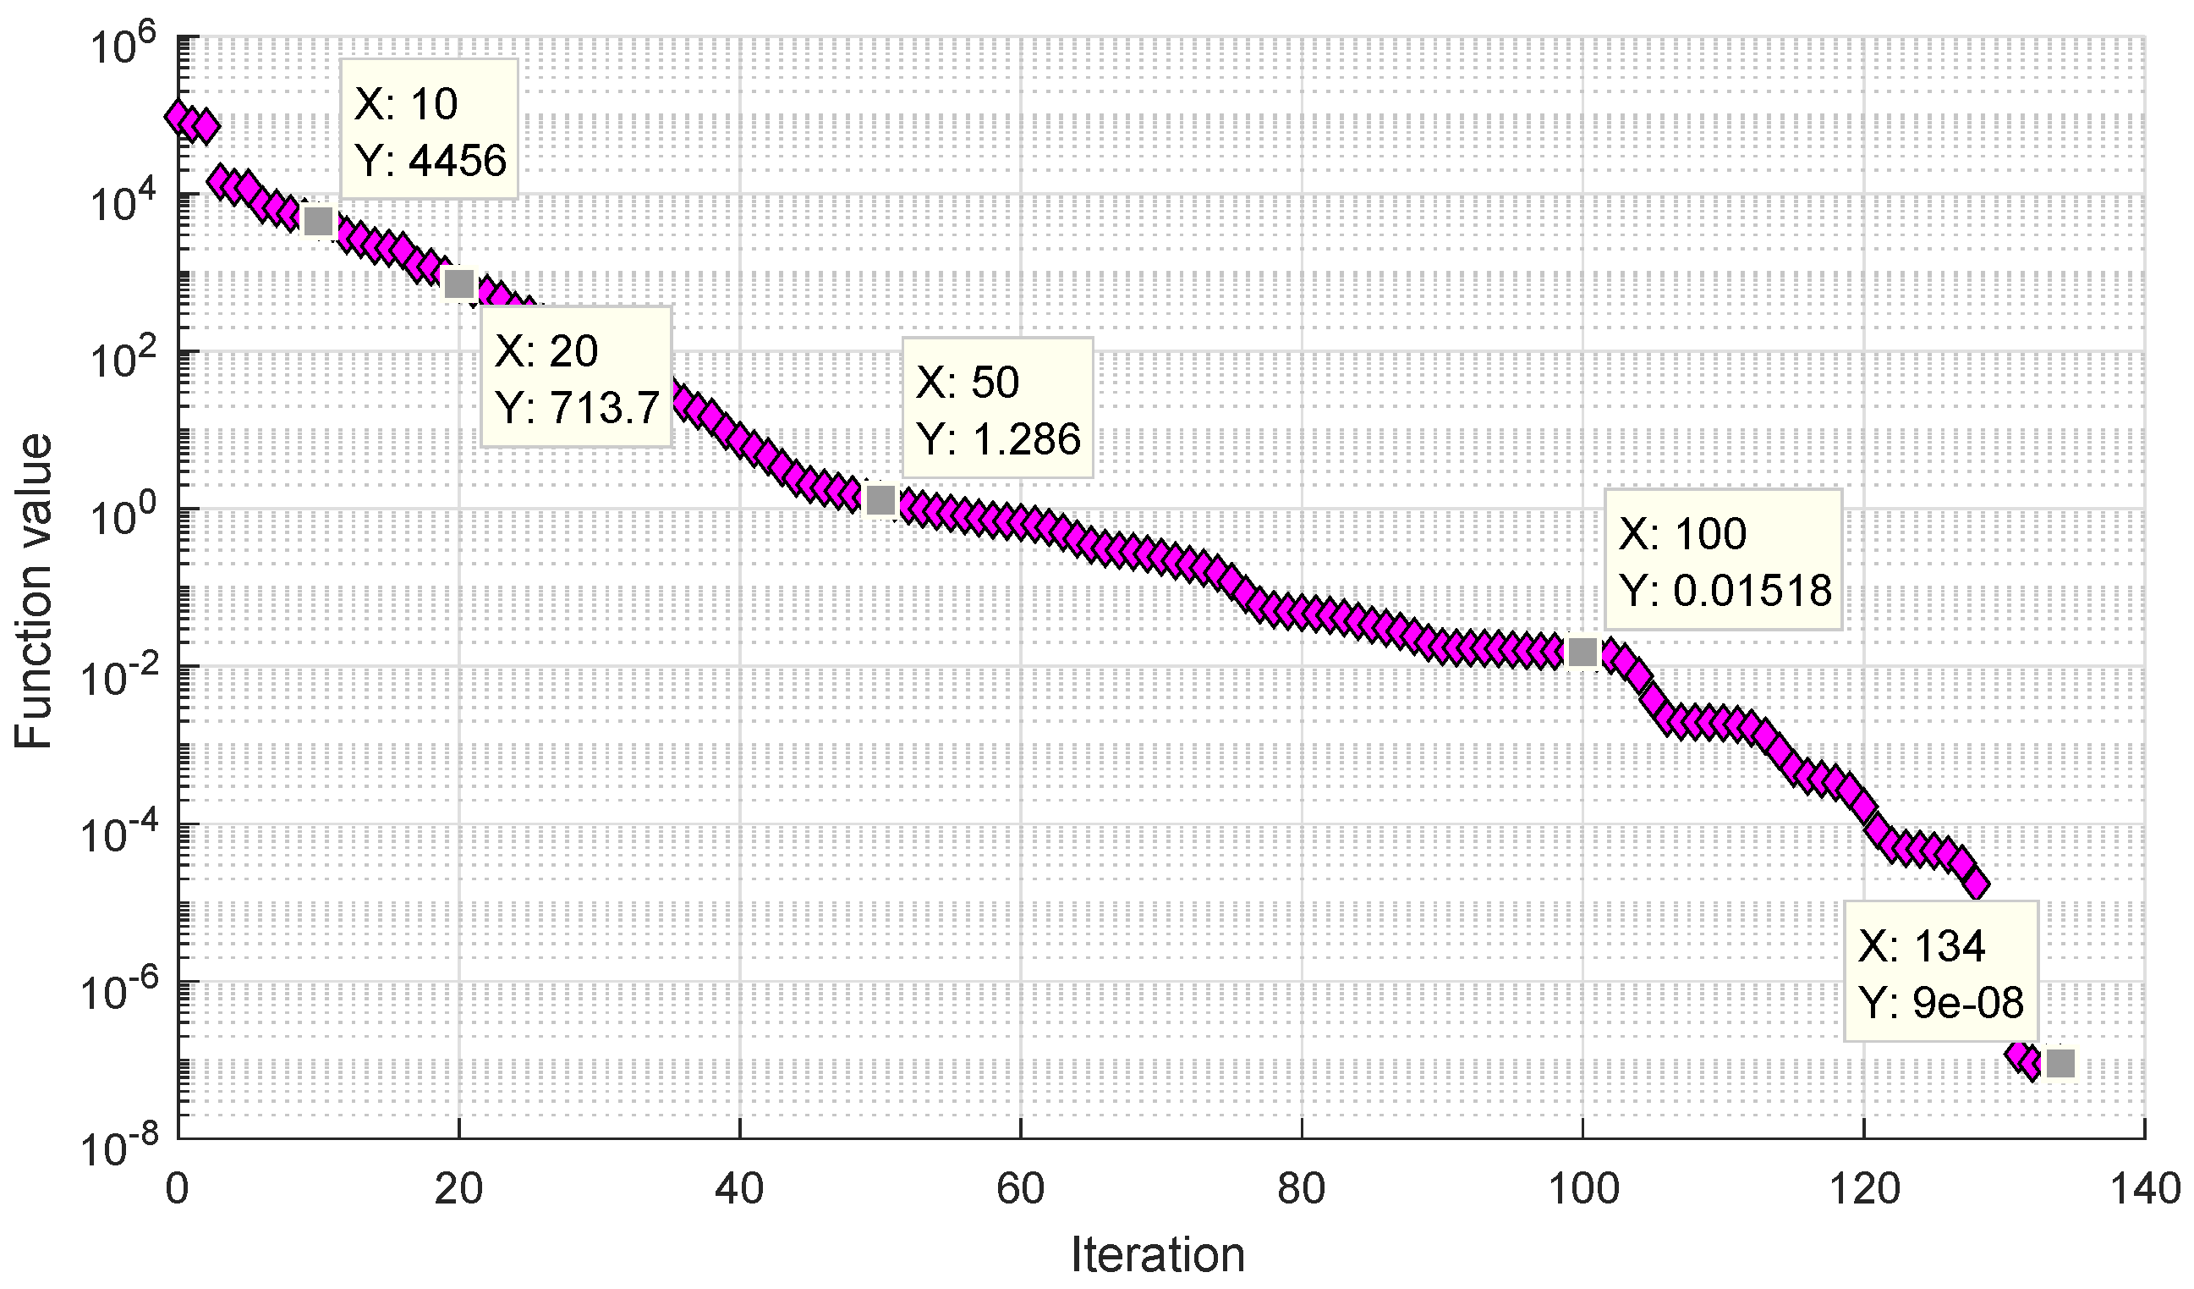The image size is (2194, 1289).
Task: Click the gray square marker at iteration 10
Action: (x=319, y=221)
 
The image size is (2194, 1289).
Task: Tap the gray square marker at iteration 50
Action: (x=881, y=501)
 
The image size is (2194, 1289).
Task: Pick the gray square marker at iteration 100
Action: (x=1582, y=652)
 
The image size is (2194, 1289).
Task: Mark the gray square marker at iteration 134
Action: (x=2060, y=1063)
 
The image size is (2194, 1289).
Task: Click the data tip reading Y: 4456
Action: (x=429, y=130)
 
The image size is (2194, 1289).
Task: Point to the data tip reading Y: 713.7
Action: (x=576, y=378)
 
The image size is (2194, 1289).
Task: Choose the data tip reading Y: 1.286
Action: (x=998, y=410)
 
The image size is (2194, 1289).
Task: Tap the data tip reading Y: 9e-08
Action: (x=1940, y=972)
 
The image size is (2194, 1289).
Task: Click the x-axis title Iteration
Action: (x=1157, y=1255)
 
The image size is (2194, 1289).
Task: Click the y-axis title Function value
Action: (x=35, y=592)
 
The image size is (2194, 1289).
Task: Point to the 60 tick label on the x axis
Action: (x=1020, y=1190)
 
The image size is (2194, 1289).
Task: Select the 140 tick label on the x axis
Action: (x=2143, y=1190)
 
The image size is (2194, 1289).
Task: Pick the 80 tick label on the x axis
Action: (x=1302, y=1190)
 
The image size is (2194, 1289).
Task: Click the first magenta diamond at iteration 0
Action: (x=179, y=116)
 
